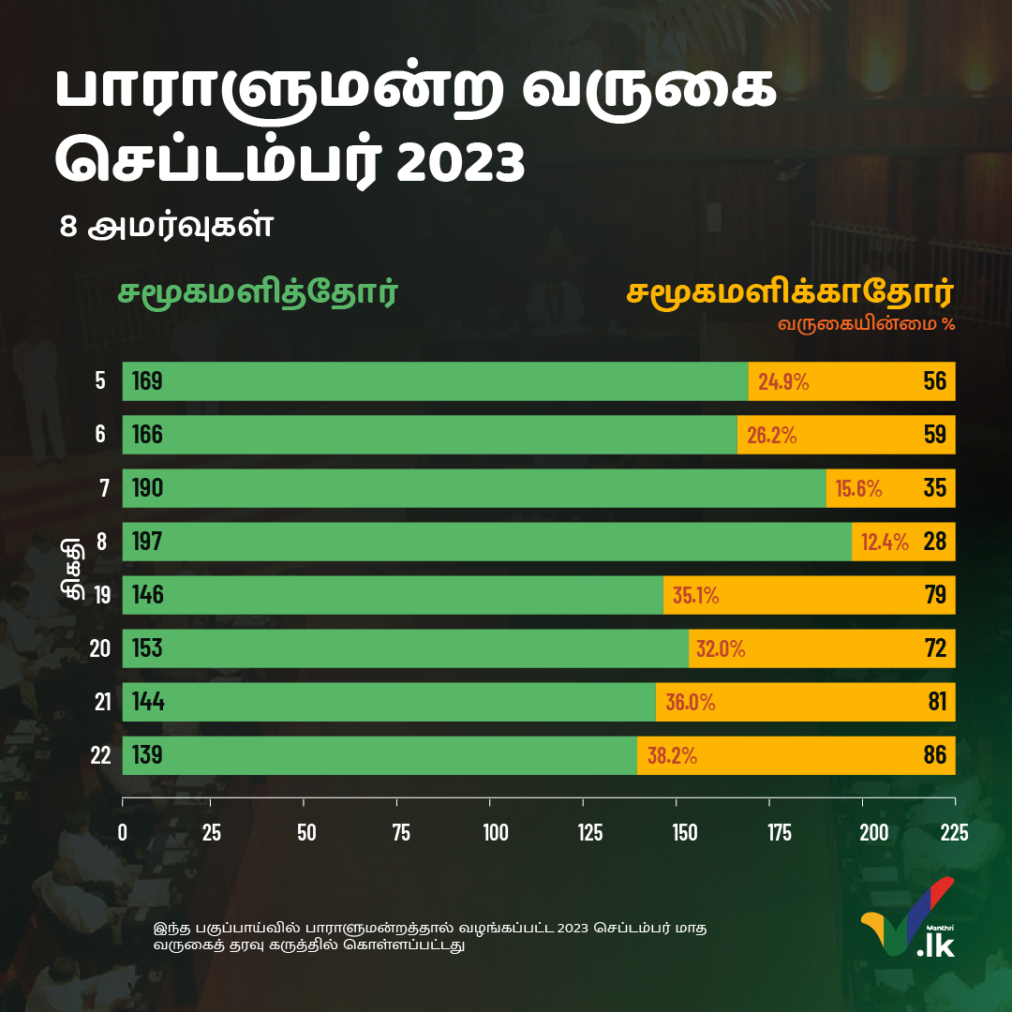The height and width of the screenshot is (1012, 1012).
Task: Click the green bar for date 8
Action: coord(487,542)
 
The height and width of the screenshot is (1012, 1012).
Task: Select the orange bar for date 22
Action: coord(796,755)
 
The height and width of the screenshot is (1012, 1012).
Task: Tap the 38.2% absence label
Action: coord(671,756)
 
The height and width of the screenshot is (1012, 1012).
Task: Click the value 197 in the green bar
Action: coord(147,542)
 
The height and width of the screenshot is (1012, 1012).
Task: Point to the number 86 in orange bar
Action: coord(934,755)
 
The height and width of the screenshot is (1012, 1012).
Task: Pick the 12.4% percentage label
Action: coord(885,542)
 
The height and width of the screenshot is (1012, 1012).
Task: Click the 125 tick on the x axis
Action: coord(588,832)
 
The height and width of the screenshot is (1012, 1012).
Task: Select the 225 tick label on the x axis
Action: coord(954,832)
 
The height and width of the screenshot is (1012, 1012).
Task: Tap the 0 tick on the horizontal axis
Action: coord(123,832)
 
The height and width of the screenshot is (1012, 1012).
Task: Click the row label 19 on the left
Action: coord(102,595)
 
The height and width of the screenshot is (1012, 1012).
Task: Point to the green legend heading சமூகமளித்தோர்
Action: coord(258,292)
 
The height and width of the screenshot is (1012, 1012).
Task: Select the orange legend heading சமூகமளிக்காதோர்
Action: coord(789,292)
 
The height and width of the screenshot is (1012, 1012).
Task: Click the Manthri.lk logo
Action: coord(907,918)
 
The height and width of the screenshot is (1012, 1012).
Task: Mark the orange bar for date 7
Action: coord(890,488)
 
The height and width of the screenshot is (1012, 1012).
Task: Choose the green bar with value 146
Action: coord(393,595)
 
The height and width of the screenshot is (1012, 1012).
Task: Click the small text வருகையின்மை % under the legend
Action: coord(865,325)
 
